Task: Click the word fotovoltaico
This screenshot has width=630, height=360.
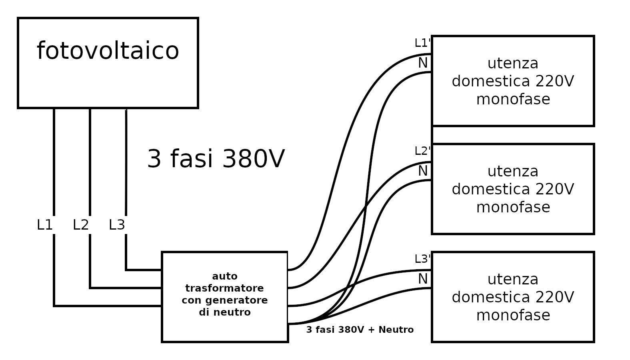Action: tap(108, 51)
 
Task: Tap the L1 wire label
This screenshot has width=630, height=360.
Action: tap(45, 225)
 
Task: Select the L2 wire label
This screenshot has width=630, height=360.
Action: tap(81, 225)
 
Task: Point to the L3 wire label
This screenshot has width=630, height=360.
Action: tap(117, 225)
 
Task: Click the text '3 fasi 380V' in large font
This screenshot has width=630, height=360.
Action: tap(216, 159)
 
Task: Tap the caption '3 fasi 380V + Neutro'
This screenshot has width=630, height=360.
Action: tap(360, 330)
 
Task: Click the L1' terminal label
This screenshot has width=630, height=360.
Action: tap(422, 43)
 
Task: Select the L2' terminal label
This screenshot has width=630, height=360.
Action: tap(422, 151)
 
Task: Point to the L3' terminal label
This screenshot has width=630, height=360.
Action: tap(422, 259)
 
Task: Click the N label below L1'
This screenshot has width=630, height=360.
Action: tap(423, 63)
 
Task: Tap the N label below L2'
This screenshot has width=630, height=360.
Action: tap(423, 171)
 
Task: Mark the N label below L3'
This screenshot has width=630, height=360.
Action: tap(423, 279)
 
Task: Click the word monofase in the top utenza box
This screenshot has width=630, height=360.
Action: tap(513, 100)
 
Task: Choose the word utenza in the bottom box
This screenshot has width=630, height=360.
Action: tap(513, 279)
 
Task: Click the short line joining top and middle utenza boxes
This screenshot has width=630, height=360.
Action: tap(432, 135)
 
